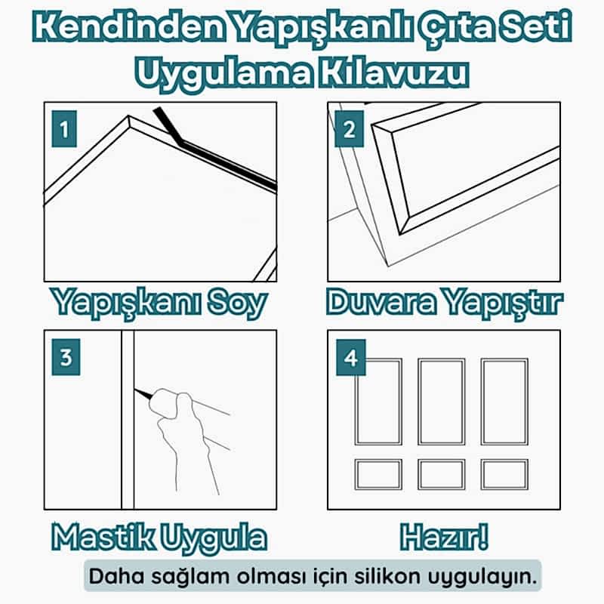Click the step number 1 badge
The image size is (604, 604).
64,129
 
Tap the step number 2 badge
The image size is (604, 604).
350,129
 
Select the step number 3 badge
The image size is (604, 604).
66,357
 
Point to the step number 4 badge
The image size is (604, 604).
351,357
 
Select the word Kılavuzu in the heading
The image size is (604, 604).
393,73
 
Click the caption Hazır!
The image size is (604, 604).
445,537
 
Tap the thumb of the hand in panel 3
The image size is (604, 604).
186,409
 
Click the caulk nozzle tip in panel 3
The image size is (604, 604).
136,390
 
